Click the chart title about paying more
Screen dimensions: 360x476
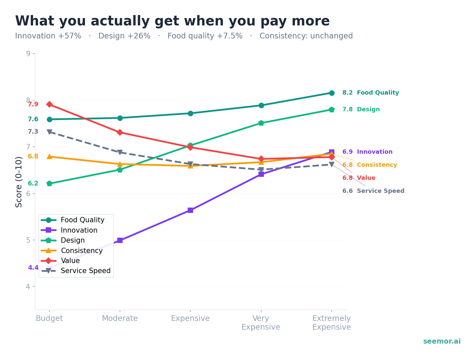tap(172, 21)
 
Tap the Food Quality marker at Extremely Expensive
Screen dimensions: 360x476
tap(332, 93)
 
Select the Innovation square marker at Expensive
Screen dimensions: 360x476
tap(190, 210)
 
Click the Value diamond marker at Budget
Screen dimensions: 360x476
tap(49, 104)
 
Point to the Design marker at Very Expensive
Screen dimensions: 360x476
tap(261, 123)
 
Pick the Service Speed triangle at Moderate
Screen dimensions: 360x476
tap(120, 152)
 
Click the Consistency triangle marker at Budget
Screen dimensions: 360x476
tap(49, 156)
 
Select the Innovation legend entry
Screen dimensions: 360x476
tap(79, 230)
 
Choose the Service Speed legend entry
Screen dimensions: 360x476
tap(86, 271)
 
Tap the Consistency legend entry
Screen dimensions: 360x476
tap(82, 251)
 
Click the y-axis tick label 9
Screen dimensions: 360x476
tap(28, 53)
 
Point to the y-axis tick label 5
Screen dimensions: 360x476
tap(28, 240)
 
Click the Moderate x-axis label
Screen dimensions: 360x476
tap(120, 319)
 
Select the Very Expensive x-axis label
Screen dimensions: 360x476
tap(261, 323)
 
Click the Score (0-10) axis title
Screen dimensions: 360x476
tap(19, 182)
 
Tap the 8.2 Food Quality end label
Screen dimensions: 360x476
tap(370, 93)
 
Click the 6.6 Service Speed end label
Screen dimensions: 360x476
tap(373, 191)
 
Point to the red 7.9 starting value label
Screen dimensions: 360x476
tap(33, 104)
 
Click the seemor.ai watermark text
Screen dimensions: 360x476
tap(442, 341)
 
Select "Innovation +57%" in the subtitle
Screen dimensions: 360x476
tap(48, 36)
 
